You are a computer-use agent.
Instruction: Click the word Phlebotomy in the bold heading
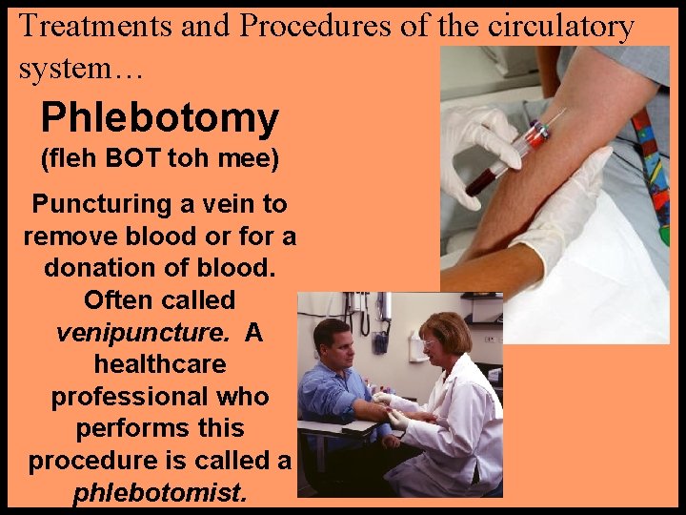pyautogui.click(x=159, y=118)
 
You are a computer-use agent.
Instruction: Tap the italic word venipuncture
pyautogui.click(x=144, y=332)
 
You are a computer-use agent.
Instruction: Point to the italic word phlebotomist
pyautogui.click(x=159, y=493)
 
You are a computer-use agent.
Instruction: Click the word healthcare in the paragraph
pyautogui.click(x=160, y=364)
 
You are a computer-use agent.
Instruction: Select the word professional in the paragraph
pyautogui.click(x=160, y=397)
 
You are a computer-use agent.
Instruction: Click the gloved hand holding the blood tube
pyautogui.click(x=481, y=153)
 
